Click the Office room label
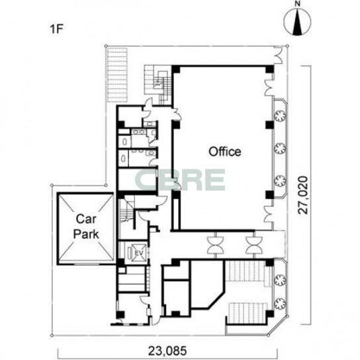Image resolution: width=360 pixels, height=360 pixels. (225, 152)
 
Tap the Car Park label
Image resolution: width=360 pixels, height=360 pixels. (85, 226)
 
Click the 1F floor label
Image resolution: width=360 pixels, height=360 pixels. (56, 29)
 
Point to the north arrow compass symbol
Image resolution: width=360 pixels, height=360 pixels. (297, 22)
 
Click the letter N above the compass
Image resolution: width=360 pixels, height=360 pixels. (298, 4)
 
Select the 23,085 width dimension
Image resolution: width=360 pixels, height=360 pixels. (167, 351)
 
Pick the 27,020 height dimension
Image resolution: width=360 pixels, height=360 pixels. (303, 195)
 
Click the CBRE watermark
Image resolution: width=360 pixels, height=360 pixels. (180, 179)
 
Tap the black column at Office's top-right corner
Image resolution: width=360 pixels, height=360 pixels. (269, 69)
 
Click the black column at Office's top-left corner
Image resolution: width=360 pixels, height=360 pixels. (175, 69)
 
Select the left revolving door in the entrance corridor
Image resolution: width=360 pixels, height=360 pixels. (216, 246)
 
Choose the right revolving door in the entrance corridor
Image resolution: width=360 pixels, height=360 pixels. (253, 246)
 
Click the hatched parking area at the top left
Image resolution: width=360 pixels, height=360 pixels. (117, 75)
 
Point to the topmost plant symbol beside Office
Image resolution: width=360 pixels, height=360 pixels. (281, 116)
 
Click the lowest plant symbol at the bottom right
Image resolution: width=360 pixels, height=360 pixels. (280, 303)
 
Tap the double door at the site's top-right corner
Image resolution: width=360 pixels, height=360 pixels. (278, 55)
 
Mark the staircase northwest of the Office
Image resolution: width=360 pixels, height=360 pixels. (158, 85)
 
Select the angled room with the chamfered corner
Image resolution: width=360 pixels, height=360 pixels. (208, 285)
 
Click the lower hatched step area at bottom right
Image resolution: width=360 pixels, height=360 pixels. (247, 312)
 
